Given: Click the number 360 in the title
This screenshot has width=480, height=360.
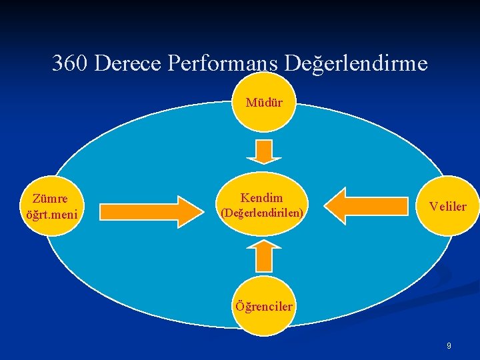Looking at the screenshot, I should click(x=71, y=63).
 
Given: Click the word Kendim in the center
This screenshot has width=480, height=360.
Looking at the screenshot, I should click(x=261, y=197).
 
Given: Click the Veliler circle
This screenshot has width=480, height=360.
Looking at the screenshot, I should click(x=447, y=207).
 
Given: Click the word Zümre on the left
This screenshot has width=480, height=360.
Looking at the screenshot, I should click(x=50, y=199).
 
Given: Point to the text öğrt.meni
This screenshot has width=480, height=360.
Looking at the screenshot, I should click(x=51, y=215).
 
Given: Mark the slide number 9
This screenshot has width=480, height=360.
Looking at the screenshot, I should click(x=449, y=346).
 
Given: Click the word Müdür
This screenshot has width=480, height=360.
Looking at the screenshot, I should click(x=264, y=103).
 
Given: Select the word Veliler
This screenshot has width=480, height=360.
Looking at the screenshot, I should click(x=448, y=207).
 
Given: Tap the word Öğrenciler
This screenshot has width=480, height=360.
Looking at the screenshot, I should click(x=264, y=307).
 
